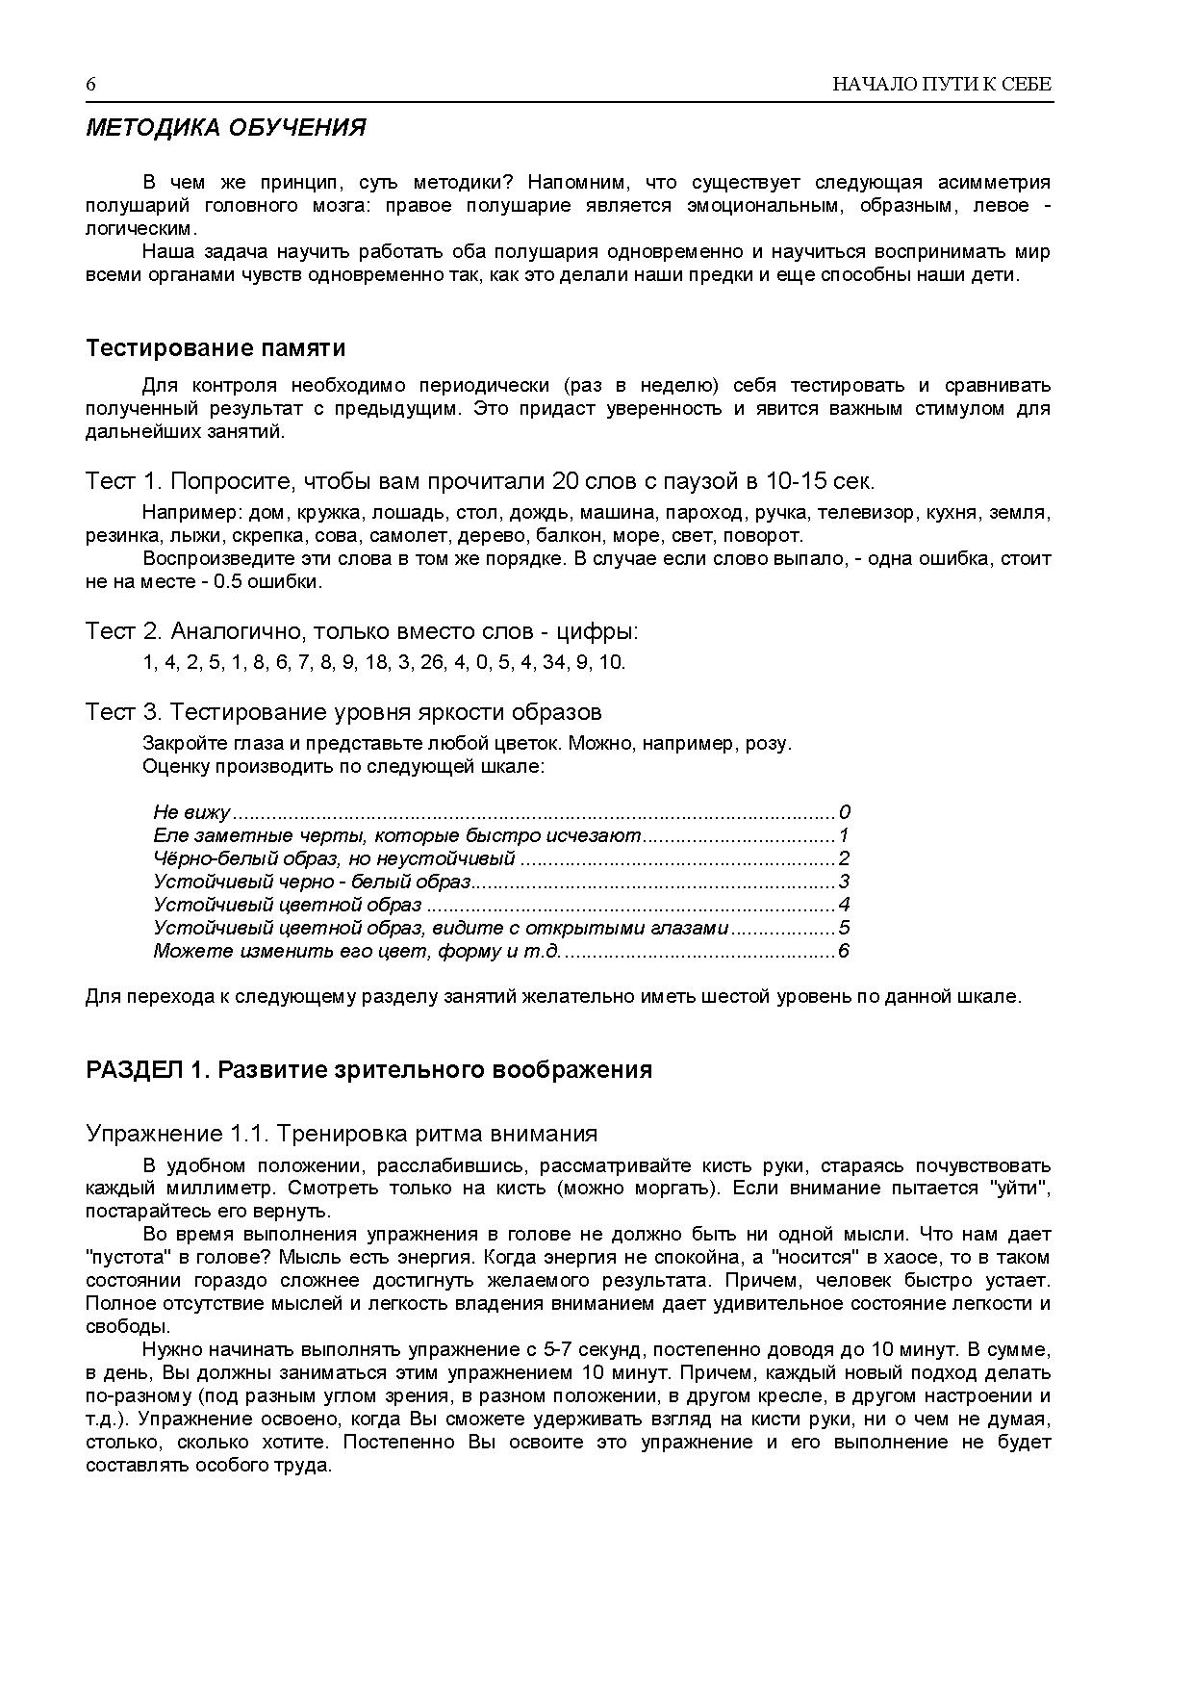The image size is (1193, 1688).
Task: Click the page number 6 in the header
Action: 91,85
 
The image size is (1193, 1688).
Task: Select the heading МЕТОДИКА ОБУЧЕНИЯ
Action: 225,128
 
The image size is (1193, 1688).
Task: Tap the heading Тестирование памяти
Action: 216,347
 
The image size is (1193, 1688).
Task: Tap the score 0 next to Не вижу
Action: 845,812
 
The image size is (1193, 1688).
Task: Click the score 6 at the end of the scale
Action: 844,952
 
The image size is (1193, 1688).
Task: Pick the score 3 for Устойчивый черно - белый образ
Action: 844,882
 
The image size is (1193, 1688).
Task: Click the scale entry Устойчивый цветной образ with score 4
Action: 287,905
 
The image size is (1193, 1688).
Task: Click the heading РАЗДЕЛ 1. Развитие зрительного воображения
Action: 368,1070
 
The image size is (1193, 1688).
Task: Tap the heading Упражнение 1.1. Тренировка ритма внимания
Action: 342,1134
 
